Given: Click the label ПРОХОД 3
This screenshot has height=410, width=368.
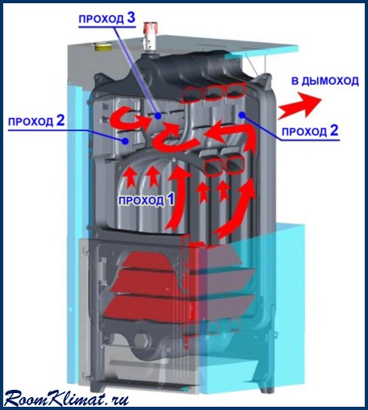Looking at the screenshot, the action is point(107,19).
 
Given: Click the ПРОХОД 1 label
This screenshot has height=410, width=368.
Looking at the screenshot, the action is point(146,200).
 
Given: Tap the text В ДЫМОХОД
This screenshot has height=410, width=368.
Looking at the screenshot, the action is point(325,81).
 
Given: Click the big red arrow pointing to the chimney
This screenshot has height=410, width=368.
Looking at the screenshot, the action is point(300,106).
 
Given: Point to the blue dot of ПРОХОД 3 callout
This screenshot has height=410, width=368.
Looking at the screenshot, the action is point(158,115).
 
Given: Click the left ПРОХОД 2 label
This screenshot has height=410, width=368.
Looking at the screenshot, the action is point(36,121).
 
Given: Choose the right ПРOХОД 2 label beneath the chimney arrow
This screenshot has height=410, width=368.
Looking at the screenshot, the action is point(310,132).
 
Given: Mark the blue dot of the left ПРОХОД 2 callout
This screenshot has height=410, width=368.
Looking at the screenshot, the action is point(125,140).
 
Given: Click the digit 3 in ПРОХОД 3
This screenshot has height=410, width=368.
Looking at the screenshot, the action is point(131,18).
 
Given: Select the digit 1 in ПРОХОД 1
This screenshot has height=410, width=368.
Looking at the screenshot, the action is point(170,199).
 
